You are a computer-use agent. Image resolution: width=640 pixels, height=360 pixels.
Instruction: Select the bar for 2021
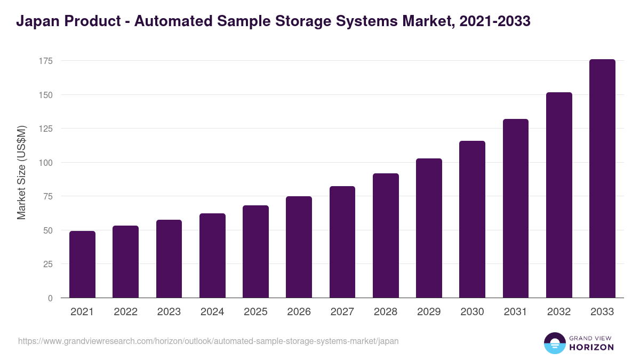[x=82, y=265]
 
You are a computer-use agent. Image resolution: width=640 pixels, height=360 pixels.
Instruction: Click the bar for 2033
[x=602, y=179]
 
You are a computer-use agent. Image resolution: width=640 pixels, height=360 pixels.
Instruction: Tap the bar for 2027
[x=342, y=242]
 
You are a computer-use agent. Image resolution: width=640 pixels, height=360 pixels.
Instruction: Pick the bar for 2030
[x=472, y=219]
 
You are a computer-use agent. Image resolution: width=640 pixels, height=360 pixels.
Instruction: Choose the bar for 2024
[x=212, y=255]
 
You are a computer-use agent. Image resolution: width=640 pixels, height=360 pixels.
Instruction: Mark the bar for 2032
[x=559, y=195]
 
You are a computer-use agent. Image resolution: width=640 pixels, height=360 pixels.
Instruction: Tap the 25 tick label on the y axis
[x=47, y=264]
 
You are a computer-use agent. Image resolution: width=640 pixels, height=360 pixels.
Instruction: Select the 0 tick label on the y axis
[x=50, y=298]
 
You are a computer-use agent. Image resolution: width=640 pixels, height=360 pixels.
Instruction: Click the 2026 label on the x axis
[x=299, y=312]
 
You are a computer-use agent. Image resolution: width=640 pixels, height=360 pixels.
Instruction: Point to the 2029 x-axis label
[x=429, y=312]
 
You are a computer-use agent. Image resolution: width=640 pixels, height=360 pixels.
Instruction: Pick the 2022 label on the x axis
[x=125, y=312]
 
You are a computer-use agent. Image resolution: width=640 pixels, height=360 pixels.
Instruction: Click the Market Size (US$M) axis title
[x=21, y=172]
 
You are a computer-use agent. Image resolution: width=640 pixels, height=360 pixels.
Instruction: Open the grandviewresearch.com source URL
[x=208, y=341]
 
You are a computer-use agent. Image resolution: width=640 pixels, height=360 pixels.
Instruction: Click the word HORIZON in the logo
[x=591, y=347]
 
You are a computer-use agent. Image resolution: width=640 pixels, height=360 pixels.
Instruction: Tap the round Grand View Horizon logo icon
[x=554, y=343]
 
